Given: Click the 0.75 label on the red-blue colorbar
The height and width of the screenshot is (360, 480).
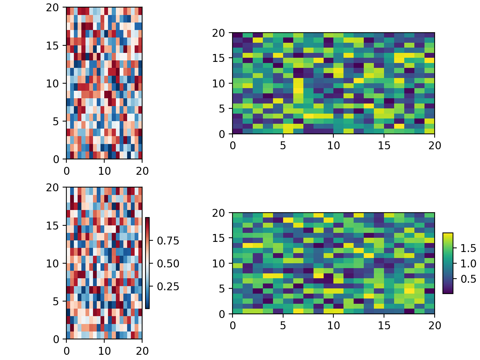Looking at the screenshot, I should (x=168, y=241).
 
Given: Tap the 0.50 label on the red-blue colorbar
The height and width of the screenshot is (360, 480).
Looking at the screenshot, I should (x=168, y=264).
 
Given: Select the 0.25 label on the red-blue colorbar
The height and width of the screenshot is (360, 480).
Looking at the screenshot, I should (x=168, y=287).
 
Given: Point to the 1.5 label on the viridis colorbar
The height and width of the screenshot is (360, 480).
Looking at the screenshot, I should (x=468, y=248).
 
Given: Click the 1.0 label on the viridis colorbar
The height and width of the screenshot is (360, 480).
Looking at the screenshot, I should (x=468, y=264).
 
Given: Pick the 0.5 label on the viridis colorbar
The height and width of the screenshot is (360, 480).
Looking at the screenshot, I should (x=468, y=279).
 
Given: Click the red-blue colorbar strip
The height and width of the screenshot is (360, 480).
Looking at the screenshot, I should (x=147, y=263).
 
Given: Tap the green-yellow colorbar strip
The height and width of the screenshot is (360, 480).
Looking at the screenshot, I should (x=448, y=263).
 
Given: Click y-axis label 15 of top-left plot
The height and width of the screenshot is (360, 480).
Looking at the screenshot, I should (x=53, y=46).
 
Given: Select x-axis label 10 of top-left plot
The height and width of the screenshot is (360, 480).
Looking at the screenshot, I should (x=104, y=171).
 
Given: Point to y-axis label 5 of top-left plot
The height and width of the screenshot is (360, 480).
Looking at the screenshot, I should (x=56, y=121).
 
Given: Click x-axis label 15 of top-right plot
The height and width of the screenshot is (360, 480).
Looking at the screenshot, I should (x=384, y=146).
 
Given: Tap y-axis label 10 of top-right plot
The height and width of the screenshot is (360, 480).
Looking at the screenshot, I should (x=219, y=84).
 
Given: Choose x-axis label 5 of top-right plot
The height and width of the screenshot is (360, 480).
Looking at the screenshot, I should (x=283, y=146).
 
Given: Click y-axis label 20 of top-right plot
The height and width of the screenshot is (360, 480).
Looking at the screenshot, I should (x=219, y=33).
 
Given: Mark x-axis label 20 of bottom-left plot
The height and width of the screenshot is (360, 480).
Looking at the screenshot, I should (x=142, y=351).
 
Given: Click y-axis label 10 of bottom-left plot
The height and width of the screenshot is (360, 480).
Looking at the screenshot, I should (x=53, y=264).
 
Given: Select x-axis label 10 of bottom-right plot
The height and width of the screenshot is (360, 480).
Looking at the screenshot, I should (x=333, y=326).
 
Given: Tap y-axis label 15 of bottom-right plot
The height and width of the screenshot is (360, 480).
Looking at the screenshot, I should (x=219, y=238).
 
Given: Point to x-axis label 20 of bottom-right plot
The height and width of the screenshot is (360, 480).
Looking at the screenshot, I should (x=435, y=326).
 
